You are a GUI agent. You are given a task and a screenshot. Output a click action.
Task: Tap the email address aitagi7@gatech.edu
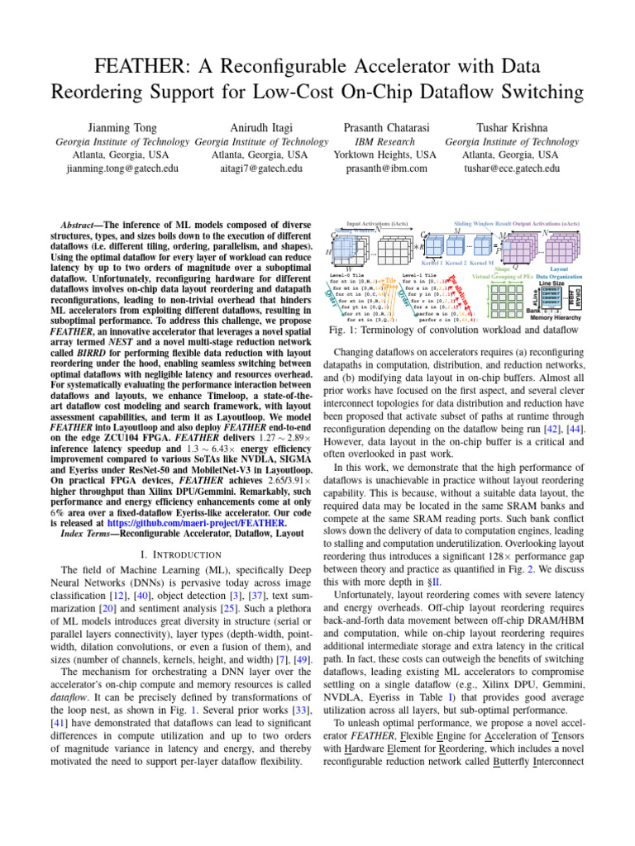tap(260, 169)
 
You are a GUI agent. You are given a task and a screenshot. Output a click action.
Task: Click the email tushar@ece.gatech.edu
tap(512, 169)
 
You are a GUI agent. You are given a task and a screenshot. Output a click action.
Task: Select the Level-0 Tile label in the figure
tap(346, 274)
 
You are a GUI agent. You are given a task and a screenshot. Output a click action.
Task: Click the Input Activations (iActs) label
tap(376, 224)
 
